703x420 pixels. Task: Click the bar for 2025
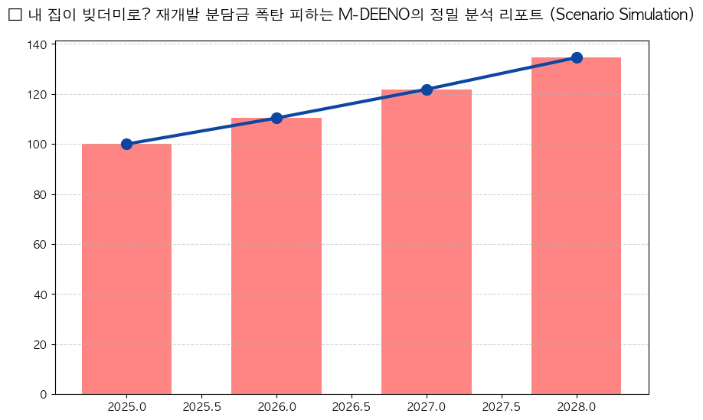pyautogui.click(x=126, y=269)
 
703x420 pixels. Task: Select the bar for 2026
pyautogui.click(x=276, y=256)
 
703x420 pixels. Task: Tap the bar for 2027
pyautogui.click(x=427, y=242)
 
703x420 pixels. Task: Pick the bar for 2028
pyautogui.click(x=576, y=226)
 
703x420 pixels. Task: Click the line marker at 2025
pyautogui.click(x=126, y=144)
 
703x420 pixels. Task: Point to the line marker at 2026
pyautogui.click(x=276, y=118)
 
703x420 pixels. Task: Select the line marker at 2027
pyautogui.click(x=427, y=90)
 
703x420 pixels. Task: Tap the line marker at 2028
pyautogui.click(x=577, y=57)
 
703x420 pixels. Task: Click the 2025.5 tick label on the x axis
pyautogui.click(x=201, y=406)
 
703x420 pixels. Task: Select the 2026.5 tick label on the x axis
pyautogui.click(x=351, y=406)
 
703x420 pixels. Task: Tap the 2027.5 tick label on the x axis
pyautogui.click(x=502, y=406)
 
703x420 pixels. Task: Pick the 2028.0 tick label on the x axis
pyautogui.click(x=577, y=406)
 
